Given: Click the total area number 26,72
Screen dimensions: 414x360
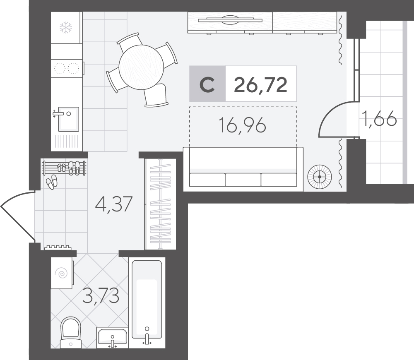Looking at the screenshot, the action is click(x=260, y=85).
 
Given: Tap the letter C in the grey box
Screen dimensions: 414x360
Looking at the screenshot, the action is click(x=207, y=84).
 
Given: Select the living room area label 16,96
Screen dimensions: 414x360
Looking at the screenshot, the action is click(x=242, y=125).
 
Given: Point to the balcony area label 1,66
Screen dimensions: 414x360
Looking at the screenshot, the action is click(x=380, y=118).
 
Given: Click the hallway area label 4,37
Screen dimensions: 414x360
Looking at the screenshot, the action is click(x=114, y=204).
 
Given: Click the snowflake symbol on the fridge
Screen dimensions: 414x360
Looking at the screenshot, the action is click(x=66, y=28).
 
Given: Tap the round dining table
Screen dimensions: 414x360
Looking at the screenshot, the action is click(x=141, y=67).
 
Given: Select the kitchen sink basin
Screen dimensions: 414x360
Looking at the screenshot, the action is click(x=68, y=119).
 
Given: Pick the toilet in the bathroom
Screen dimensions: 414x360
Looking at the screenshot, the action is click(x=70, y=333).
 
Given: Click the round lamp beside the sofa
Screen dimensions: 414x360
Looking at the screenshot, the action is click(x=320, y=177).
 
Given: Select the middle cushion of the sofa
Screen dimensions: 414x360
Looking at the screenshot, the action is click(x=243, y=180).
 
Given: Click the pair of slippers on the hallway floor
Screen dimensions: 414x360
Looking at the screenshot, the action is click(x=51, y=182).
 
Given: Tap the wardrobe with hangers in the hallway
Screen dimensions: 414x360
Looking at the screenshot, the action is click(x=160, y=204).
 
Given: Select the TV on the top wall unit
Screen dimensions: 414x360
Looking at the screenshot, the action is click(x=230, y=19).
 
